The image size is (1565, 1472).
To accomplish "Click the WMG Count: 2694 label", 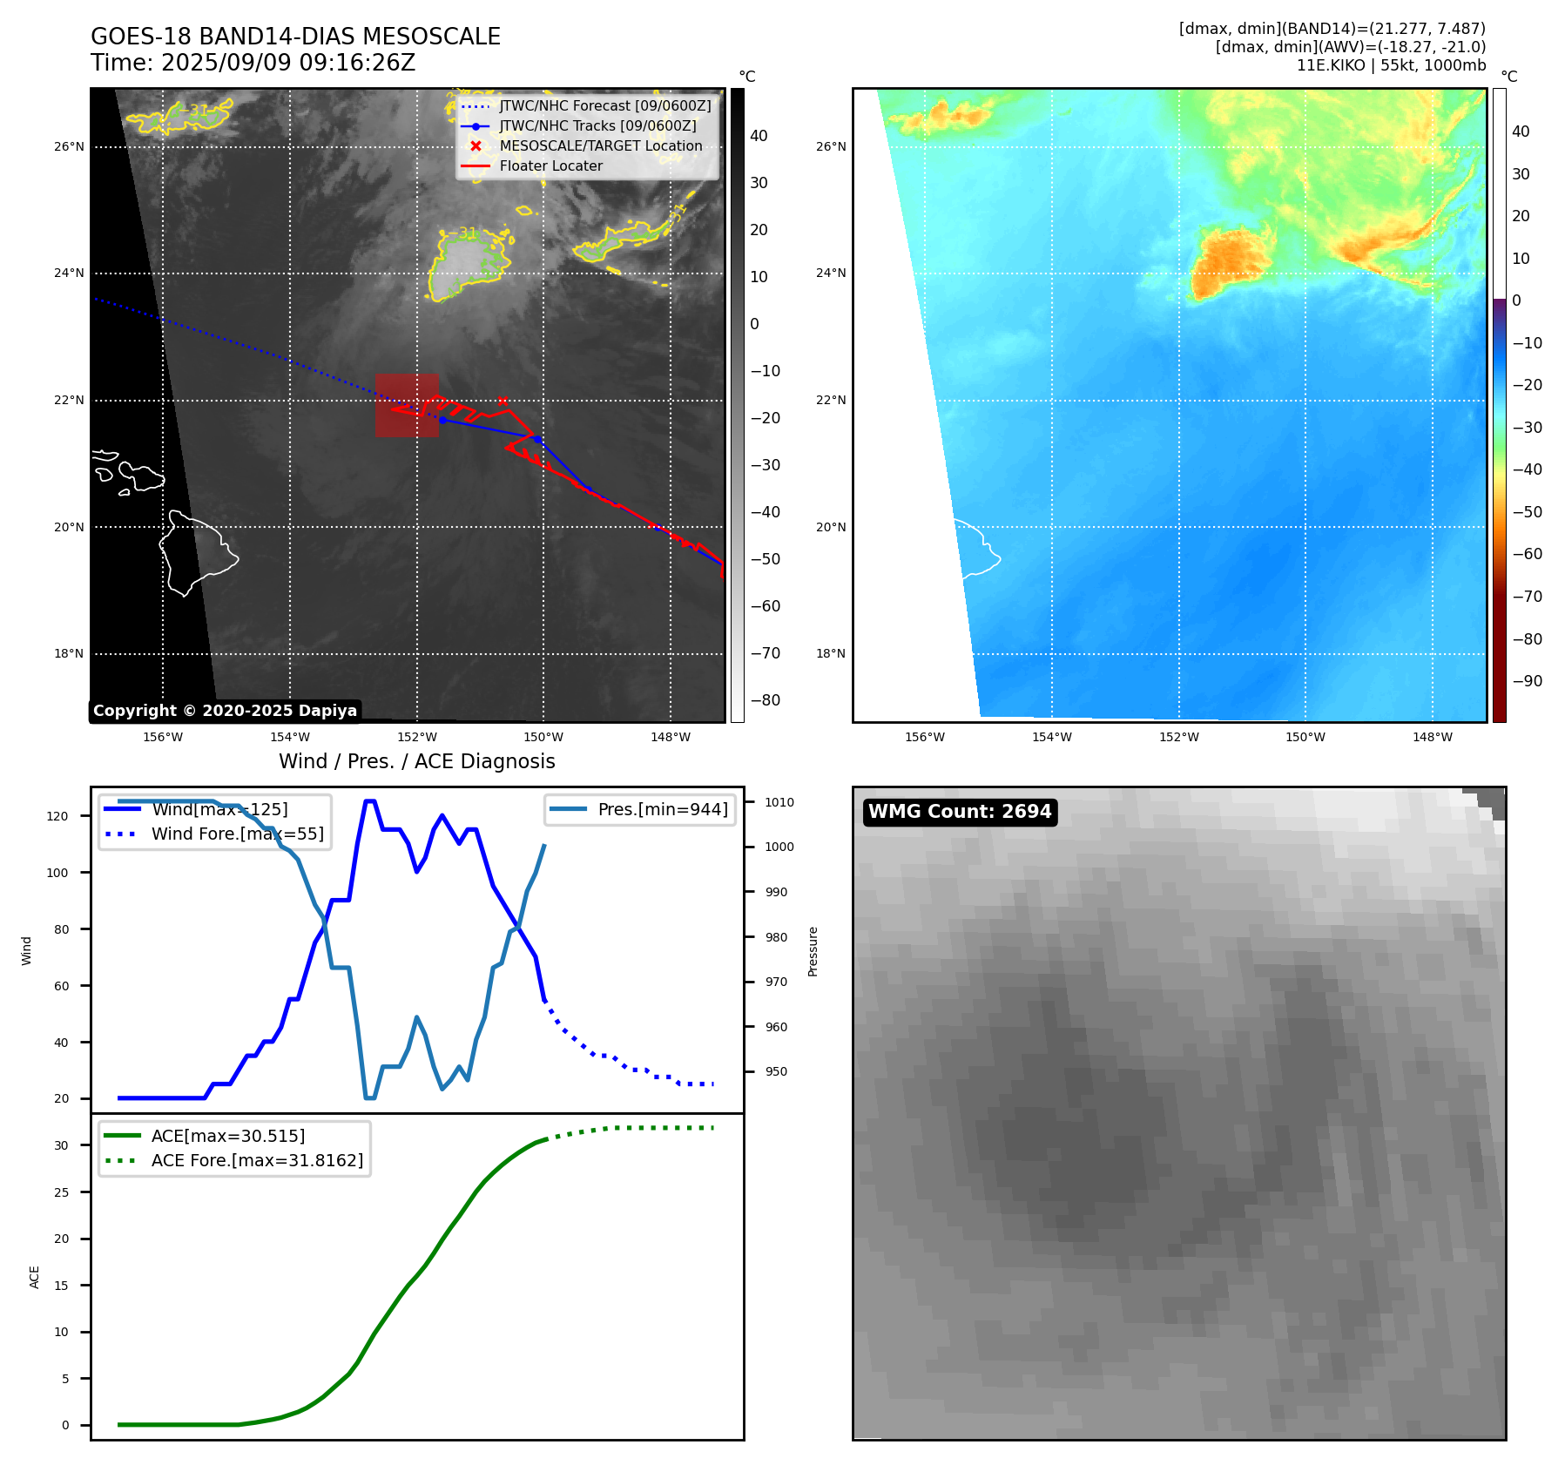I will [960, 812].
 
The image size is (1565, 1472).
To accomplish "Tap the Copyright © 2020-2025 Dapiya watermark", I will [225, 711].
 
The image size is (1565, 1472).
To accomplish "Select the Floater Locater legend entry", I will [550, 166].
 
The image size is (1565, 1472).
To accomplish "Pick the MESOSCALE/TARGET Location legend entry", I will [600, 146].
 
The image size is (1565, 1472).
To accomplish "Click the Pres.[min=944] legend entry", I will [662, 809].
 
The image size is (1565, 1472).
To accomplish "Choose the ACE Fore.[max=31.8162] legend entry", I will [257, 1160].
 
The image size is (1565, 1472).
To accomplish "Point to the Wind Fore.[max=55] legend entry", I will [237, 834].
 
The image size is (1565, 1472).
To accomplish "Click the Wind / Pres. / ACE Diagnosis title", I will [416, 761].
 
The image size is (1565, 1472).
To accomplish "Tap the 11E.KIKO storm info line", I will [1391, 65].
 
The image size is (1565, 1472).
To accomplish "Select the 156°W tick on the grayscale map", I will [163, 737].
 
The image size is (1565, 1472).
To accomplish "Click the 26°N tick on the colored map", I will [830, 146].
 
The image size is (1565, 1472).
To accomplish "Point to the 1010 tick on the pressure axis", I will [779, 802].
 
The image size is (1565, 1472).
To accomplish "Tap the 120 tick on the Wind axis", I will [57, 816].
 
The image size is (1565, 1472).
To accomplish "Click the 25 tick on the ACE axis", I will [61, 1192].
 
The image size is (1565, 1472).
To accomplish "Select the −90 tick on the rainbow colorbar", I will [1527, 681].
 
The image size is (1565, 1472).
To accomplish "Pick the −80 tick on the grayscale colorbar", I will [766, 700].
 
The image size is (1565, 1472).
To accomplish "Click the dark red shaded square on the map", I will [407, 405].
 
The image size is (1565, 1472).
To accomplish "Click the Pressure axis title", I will [813, 951].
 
